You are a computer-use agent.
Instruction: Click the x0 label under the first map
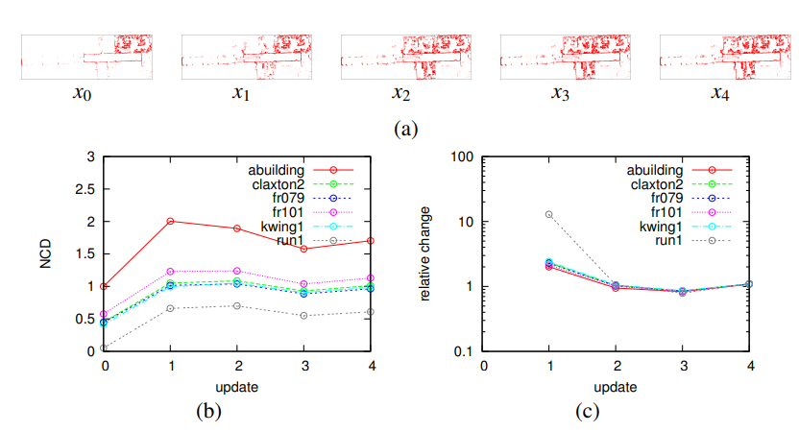pos(83,94)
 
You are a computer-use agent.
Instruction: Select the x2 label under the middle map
pos(401,94)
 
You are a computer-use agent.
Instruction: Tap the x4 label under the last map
pos(720,94)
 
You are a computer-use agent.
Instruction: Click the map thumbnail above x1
pos(242,57)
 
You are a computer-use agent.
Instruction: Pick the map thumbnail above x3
pos(561,57)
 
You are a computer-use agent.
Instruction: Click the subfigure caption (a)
pos(400,127)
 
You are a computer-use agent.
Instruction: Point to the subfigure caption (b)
pos(209,413)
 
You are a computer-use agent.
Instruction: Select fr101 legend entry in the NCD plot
pos(288,211)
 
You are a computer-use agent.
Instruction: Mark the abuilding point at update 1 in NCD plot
pos(170,221)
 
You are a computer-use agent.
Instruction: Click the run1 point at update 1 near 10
pos(549,214)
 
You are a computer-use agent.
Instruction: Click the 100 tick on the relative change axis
pos(465,156)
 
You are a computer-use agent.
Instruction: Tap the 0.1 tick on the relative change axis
pos(465,351)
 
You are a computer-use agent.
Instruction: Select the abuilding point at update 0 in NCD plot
pos(105,286)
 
